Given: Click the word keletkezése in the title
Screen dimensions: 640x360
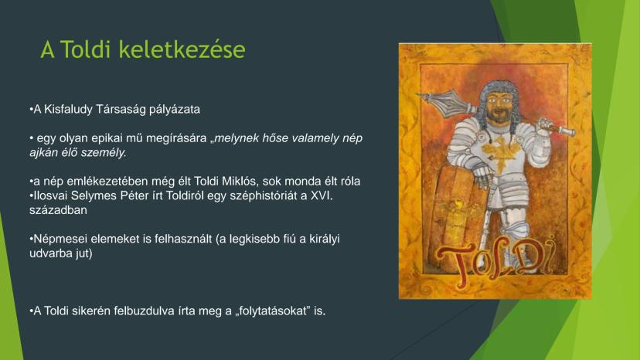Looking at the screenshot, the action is tap(182, 49).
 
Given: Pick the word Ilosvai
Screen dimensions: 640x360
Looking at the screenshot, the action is tap(50, 196).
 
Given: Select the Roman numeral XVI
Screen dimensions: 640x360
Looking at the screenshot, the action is tap(322, 196).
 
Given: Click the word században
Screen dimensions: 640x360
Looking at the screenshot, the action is tap(59, 210).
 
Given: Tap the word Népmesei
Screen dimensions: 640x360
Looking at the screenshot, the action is tap(60, 239).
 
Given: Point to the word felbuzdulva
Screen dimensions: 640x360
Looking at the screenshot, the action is tap(144, 311).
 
